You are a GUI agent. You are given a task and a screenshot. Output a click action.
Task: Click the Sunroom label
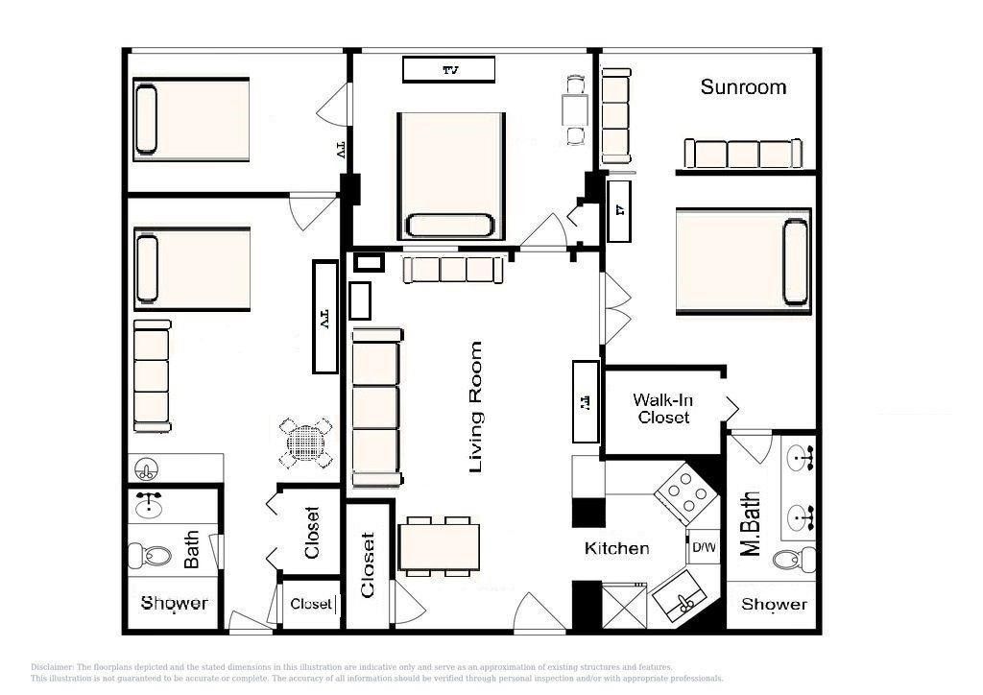[x=743, y=87]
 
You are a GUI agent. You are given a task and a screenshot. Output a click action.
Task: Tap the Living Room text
[x=475, y=407]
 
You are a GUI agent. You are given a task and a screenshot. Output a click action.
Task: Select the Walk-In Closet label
[x=662, y=408]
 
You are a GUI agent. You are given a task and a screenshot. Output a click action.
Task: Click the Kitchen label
[x=617, y=548]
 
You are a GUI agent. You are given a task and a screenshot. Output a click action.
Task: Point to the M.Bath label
[x=751, y=524]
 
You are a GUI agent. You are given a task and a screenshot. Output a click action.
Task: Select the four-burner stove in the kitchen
[x=685, y=492]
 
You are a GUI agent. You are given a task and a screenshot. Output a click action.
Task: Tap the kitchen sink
[x=685, y=600]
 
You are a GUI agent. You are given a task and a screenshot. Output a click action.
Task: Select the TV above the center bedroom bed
[x=448, y=69]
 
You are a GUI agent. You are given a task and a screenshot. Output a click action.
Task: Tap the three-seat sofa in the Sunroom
[x=742, y=154]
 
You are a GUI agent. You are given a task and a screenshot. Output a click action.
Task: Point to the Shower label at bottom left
[x=174, y=603]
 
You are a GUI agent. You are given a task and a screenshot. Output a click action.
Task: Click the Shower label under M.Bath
[x=774, y=604]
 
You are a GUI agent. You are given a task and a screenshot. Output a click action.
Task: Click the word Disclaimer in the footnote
[x=52, y=667]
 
